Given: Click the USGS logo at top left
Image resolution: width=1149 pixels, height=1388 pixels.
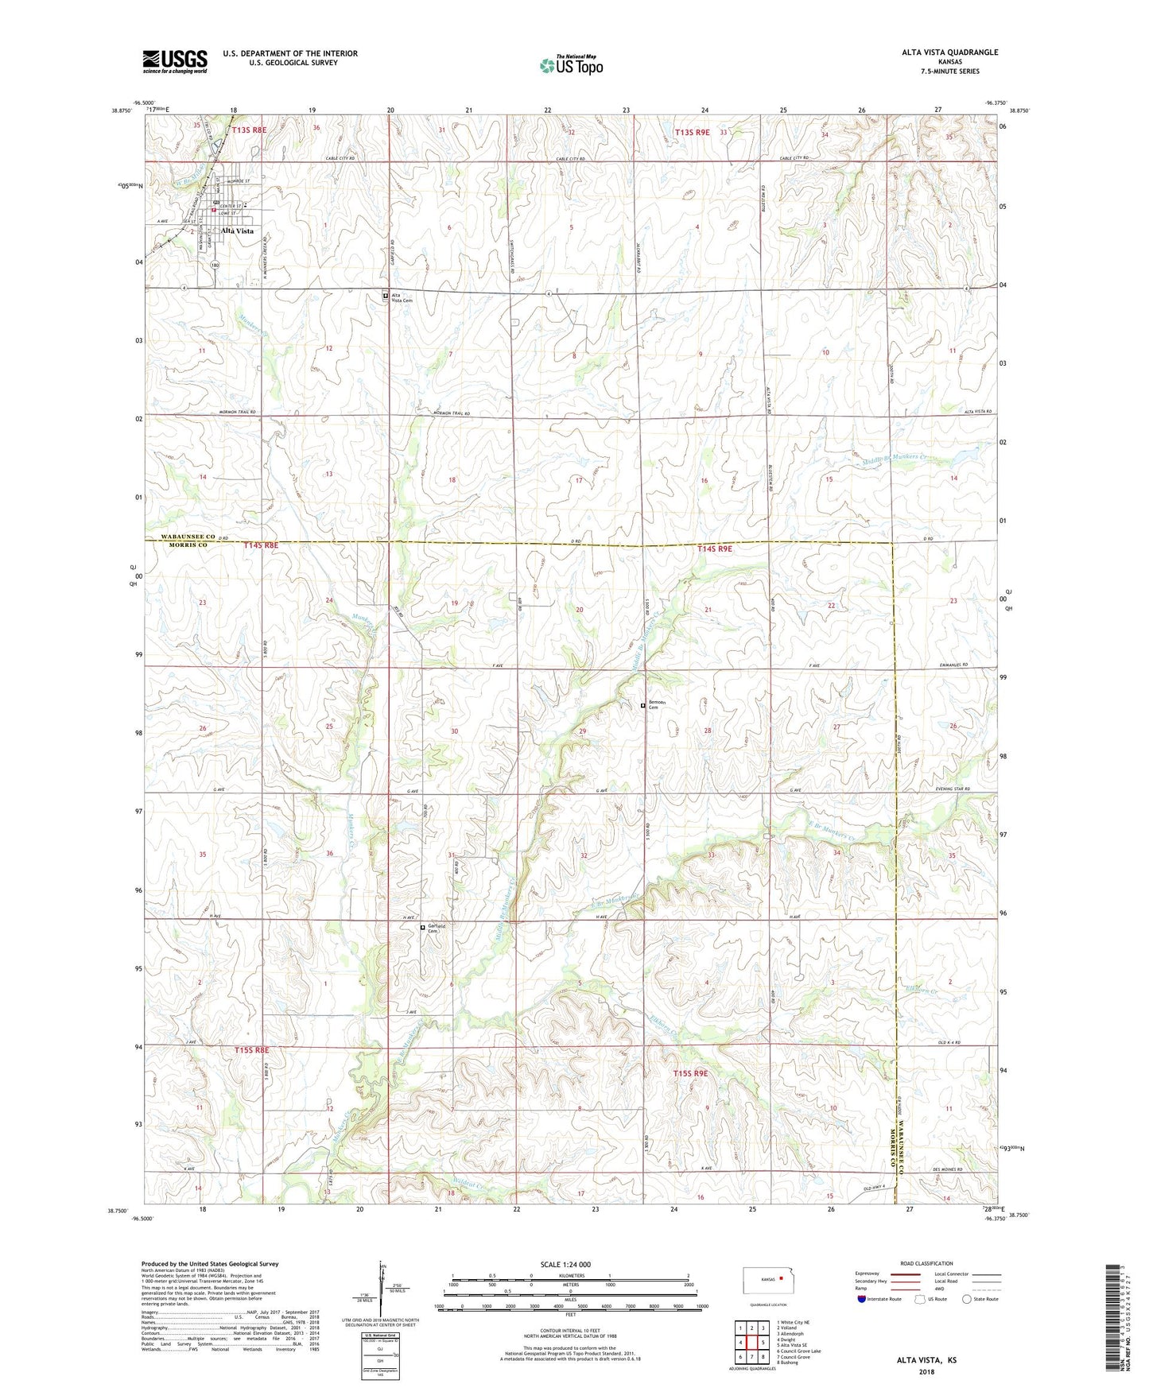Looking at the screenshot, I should click(x=175, y=61).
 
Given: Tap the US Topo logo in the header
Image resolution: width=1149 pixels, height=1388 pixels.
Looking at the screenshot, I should click(x=571, y=65).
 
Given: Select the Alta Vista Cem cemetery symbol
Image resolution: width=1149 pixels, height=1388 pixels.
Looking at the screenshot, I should click(x=386, y=296).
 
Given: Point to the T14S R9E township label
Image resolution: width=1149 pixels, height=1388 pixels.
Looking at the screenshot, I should click(x=714, y=549).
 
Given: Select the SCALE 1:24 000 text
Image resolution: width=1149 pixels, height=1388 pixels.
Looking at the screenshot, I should click(x=565, y=1264).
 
